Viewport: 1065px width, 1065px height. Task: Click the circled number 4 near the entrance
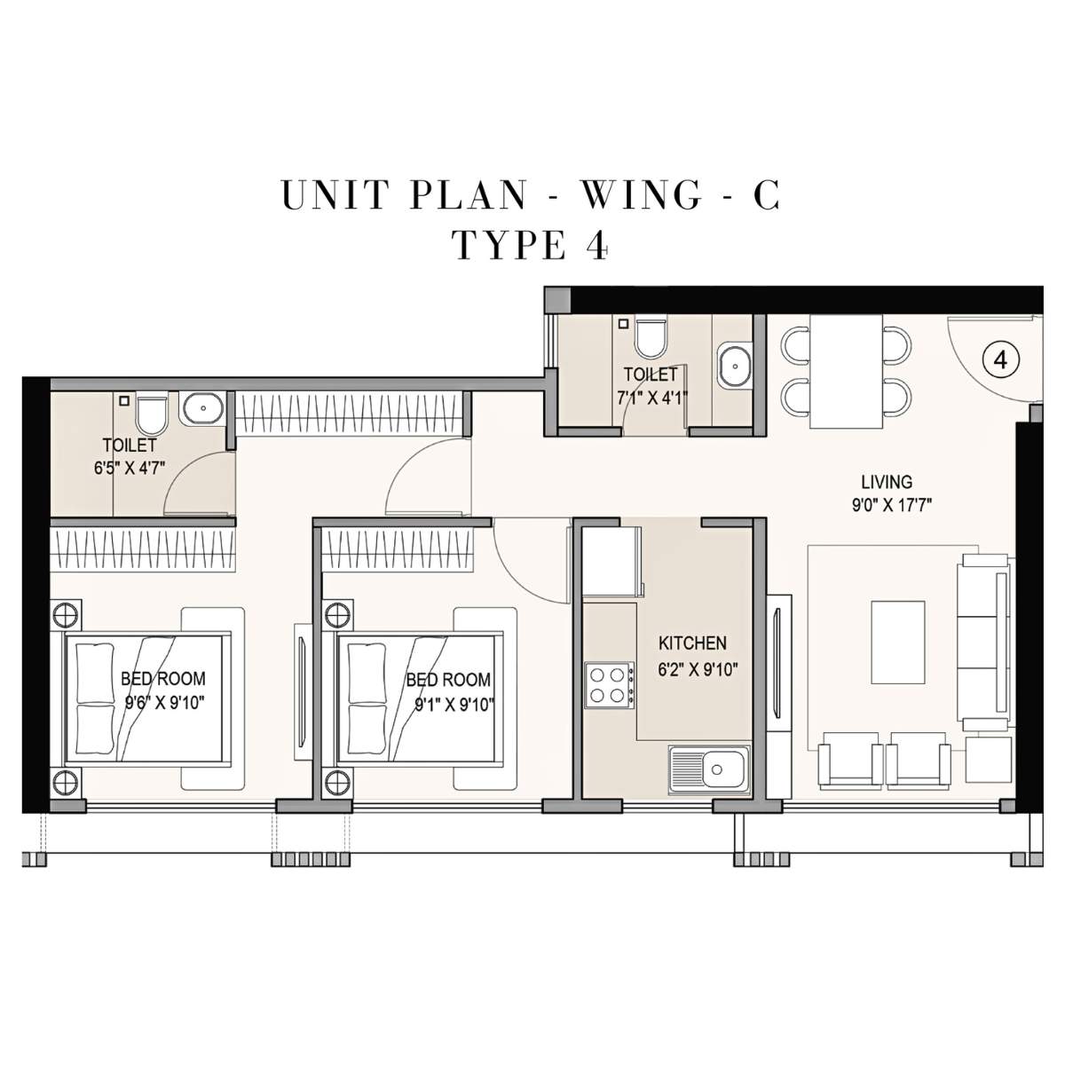click(x=1000, y=359)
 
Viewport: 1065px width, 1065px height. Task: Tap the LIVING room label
click(x=886, y=482)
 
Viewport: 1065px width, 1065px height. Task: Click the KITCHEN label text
click(x=692, y=643)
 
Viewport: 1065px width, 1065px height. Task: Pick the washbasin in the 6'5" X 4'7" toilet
click(x=204, y=409)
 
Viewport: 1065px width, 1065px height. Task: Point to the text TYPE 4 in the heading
click(x=531, y=245)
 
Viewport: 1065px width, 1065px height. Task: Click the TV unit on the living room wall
click(x=778, y=661)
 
